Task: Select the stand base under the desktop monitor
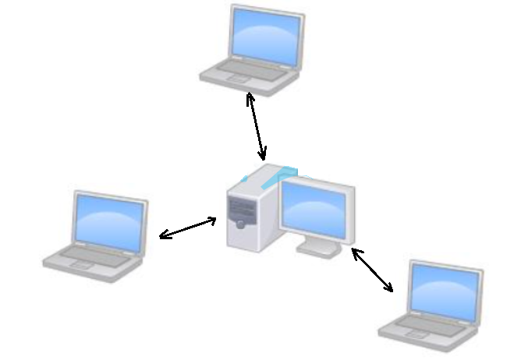click(318, 248)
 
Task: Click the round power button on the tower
click(241, 224)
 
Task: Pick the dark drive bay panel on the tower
click(239, 206)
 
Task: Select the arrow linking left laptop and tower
click(188, 228)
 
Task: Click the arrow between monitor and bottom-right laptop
click(372, 270)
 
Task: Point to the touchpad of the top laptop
click(234, 79)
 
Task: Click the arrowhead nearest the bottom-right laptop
click(388, 288)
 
